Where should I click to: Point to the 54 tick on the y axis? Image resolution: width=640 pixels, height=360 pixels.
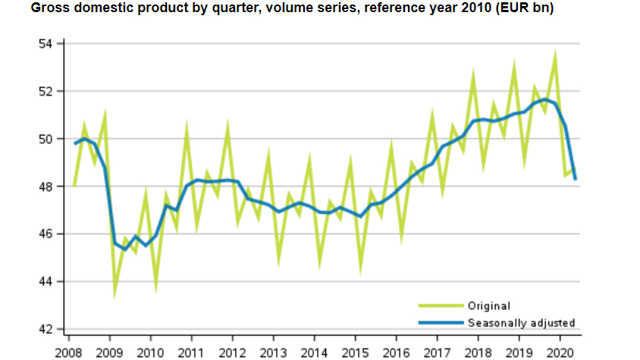pos(46,43)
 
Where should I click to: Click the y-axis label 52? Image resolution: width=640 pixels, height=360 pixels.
pos(46,91)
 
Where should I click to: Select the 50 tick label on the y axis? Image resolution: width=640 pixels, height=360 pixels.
pos(46,139)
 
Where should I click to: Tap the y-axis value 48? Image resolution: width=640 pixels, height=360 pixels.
pos(46,186)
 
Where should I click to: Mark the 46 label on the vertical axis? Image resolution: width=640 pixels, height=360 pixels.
pos(46,234)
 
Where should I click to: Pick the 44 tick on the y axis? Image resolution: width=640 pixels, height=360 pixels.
pos(46,282)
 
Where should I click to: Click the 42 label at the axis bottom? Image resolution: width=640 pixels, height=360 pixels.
pos(46,329)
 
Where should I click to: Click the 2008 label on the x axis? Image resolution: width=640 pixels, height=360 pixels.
pos(68,352)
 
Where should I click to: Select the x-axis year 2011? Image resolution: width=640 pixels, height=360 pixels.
pos(191,352)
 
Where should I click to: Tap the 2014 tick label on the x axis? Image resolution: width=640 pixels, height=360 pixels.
pos(314,352)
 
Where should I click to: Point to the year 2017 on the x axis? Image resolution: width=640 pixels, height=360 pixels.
pos(437,352)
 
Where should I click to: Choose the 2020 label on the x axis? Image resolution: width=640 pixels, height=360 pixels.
pos(560,352)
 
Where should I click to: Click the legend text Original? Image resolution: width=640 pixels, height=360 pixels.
pos(489,306)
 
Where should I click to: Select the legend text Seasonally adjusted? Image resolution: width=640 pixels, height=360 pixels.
pos(522,323)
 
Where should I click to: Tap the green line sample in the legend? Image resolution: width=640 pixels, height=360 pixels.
pos(441,306)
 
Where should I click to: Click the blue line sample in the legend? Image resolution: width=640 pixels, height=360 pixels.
pos(441,323)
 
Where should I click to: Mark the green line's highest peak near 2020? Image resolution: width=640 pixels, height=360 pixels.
pos(556,53)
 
